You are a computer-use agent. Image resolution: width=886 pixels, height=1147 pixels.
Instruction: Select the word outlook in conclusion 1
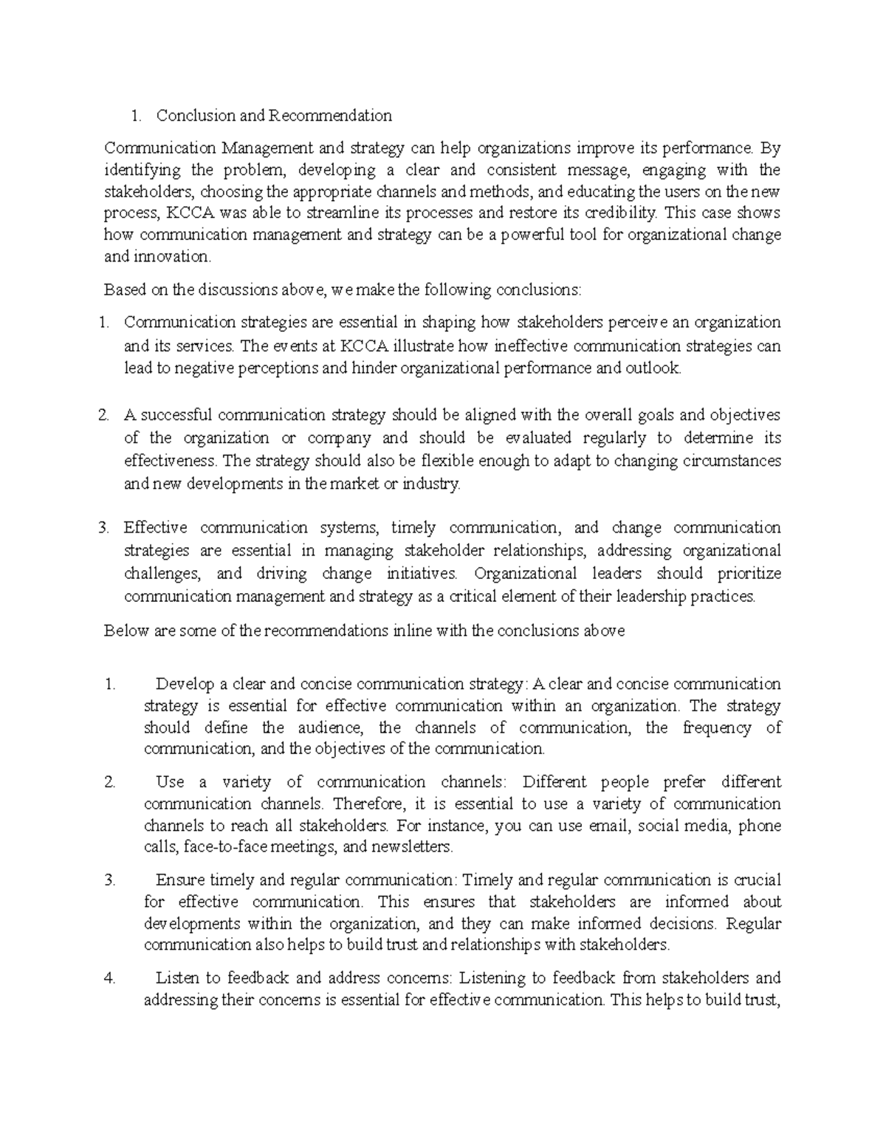tap(652, 368)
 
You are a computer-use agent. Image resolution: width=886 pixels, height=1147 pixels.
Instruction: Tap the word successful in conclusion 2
tap(179, 415)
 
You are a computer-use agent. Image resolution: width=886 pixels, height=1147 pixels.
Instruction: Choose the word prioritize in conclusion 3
tap(745, 574)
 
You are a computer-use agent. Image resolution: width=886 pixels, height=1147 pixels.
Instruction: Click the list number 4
tap(110, 979)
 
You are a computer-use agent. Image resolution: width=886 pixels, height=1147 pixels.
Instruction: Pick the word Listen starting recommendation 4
tap(177, 979)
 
